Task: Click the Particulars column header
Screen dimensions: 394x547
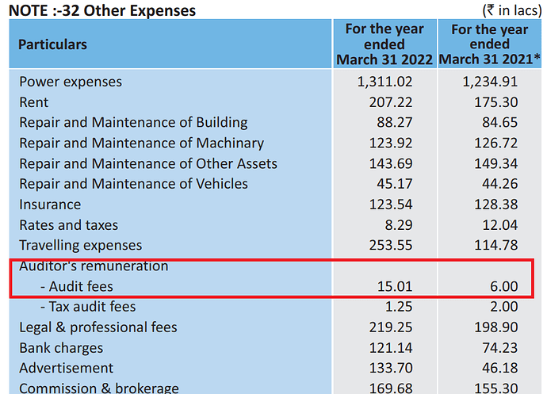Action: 53,44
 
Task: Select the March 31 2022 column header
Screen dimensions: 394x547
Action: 384,44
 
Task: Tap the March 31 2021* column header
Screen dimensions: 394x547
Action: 489,44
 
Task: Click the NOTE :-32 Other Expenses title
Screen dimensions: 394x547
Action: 103,10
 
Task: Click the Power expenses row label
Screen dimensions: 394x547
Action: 71,82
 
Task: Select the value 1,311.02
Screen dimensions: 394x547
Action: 384,82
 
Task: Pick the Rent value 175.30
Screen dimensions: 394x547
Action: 497,102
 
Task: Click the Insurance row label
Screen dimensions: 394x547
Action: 50,205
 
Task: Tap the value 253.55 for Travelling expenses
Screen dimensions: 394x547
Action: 390,245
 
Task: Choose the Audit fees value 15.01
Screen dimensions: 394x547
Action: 396,286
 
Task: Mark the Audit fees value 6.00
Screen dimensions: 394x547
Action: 503,286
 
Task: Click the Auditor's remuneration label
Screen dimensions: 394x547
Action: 94,266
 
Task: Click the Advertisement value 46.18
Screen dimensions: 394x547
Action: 499,369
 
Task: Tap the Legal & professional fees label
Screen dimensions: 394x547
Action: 98,327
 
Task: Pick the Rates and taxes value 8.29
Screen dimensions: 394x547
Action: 399,225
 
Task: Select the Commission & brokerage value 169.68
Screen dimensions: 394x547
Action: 390,388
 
